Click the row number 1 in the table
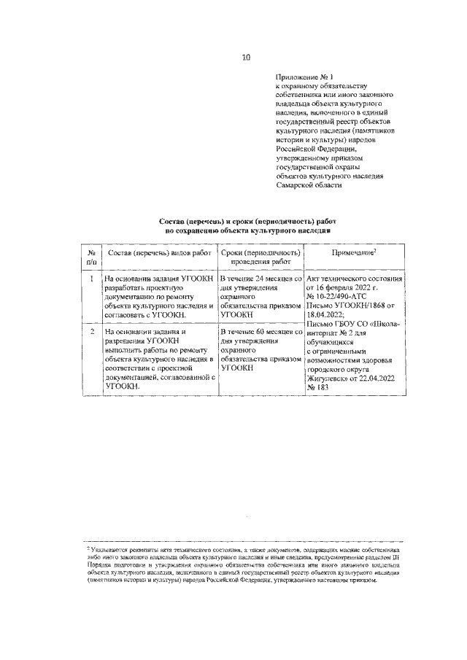[x=91, y=279]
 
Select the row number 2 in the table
[x=91, y=332]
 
